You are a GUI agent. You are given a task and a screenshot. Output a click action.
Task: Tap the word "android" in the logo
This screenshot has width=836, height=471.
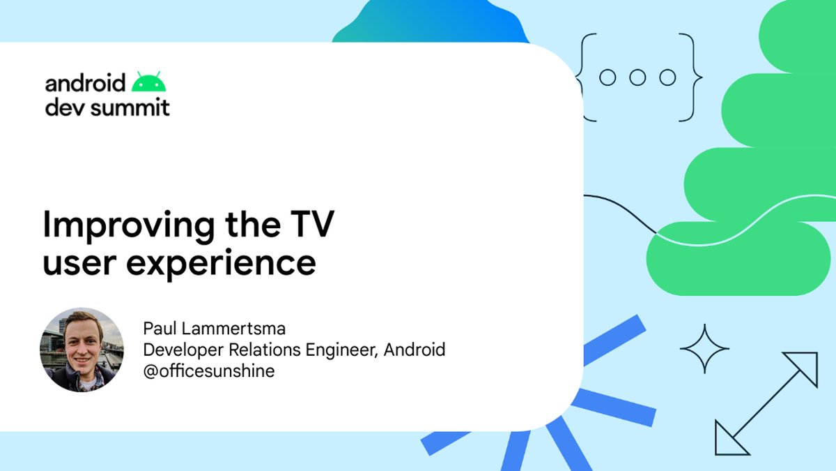click(x=85, y=83)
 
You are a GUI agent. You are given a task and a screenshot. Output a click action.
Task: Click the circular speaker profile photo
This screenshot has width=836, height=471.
click(x=82, y=349)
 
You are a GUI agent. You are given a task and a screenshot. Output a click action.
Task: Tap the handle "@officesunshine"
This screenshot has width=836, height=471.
click(x=208, y=371)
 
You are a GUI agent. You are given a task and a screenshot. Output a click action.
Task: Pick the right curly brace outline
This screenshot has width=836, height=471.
click(x=692, y=77)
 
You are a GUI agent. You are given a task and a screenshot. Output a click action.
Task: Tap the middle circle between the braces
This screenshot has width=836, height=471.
click(x=637, y=77)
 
